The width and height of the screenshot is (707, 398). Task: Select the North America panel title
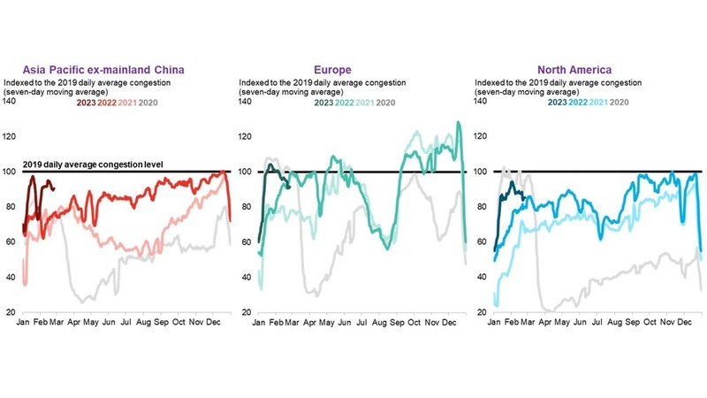click(x=574, y=68)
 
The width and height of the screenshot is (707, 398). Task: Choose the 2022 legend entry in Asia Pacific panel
click(x=108, y=102)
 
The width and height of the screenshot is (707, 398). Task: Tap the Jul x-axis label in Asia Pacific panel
click(x=126, y=325)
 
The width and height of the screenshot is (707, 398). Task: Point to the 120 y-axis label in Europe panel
click(x=246, y=137)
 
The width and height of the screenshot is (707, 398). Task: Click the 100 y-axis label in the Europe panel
click(x=246, y=172)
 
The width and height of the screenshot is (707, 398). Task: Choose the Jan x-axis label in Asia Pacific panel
click(x=25, y=325)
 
